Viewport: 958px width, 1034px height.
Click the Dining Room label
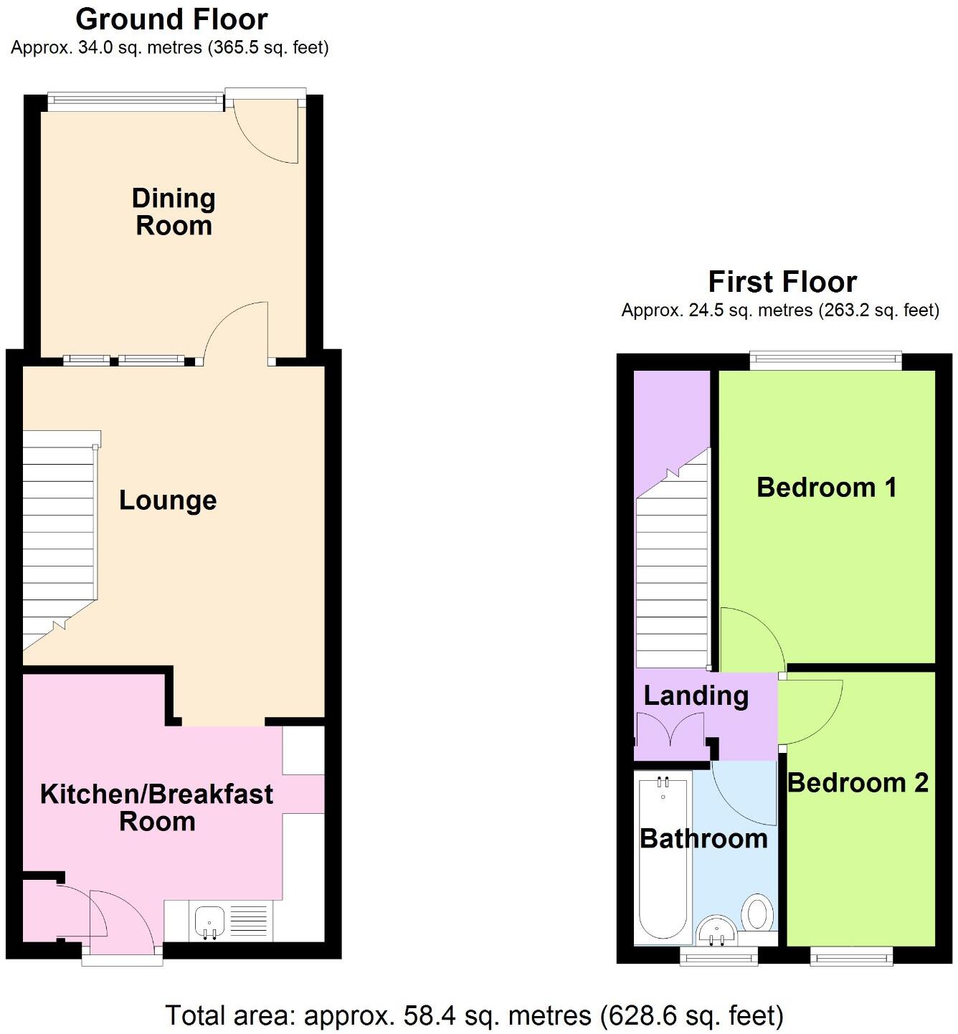coord(174,212)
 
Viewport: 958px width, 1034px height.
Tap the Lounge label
coord(168,500)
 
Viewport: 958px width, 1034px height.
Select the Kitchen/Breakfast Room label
coord(156,807)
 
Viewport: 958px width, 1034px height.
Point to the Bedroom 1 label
coord(826,488)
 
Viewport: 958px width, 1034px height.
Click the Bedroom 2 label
coord(858,782)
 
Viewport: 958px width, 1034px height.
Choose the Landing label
coord(696,696)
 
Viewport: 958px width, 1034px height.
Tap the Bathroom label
coord(703,838)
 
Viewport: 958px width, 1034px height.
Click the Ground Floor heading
coord(171,19)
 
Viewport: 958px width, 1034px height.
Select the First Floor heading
coord(782,282)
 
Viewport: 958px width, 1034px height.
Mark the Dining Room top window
coord(136,102)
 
